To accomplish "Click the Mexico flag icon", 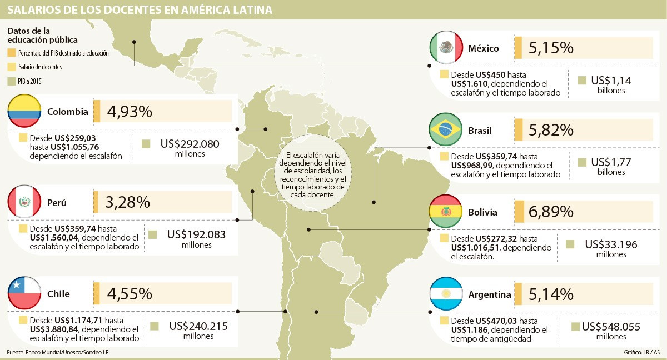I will (446, 48).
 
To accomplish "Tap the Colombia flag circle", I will (24, 112).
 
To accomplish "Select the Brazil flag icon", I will (446, 130).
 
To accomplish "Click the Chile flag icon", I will (24, 293).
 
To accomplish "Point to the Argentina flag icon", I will (446, 294).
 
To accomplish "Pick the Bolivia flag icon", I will (446, 212).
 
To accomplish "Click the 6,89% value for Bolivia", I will (551, 212).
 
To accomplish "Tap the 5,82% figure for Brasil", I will (551, 130).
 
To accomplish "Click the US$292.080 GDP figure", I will (190, 144).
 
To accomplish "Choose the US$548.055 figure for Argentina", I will (611, 327).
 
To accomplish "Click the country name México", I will (484, 48).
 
